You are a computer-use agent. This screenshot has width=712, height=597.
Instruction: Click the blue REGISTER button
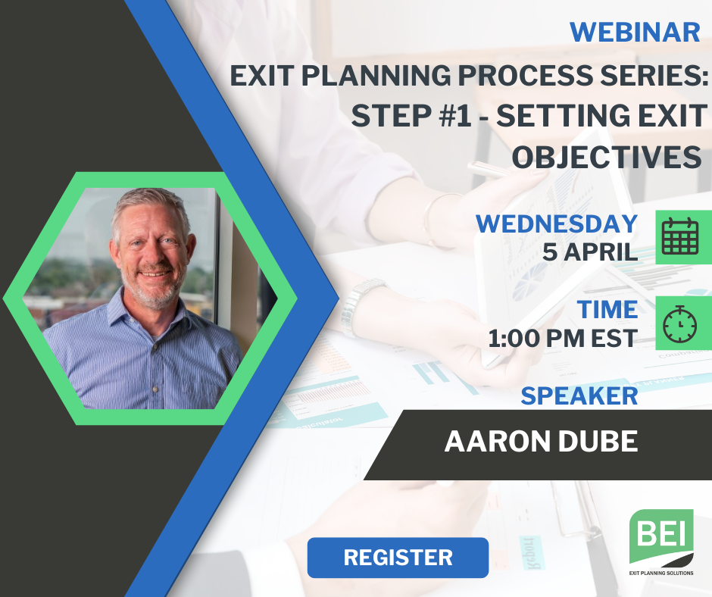pos(398,558)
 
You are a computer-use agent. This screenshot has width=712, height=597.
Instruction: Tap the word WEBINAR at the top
pos(634,32)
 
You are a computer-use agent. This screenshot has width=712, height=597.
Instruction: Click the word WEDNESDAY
pos(556,223)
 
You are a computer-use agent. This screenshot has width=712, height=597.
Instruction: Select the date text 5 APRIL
pos(589,252)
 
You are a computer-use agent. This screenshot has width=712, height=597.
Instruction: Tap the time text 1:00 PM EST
pos(563,338)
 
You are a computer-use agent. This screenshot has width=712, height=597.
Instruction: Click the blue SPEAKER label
pos(579,395)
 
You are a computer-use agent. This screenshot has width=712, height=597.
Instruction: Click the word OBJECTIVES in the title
pos(606,157)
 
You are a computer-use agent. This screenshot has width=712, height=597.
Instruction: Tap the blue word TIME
pos(607,310)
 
